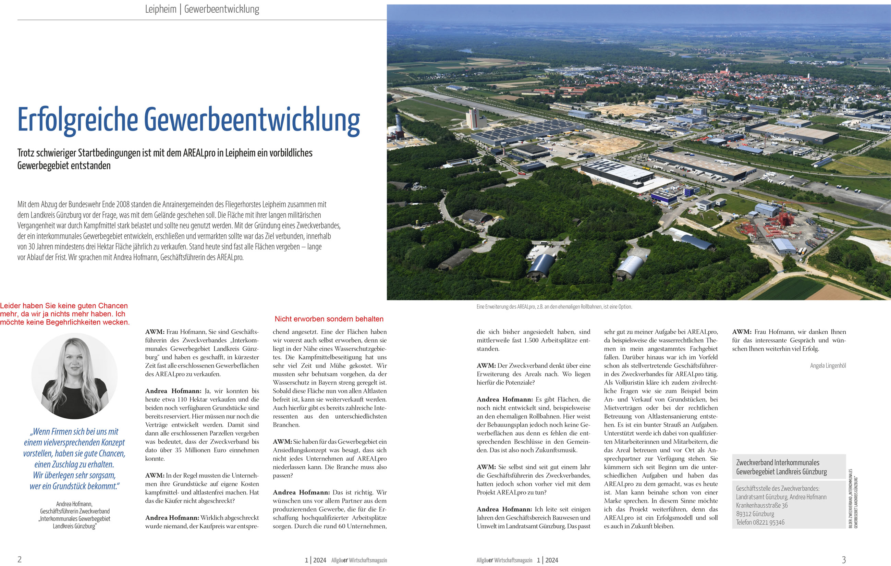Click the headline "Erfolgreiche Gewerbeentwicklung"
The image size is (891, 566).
pos(189,120)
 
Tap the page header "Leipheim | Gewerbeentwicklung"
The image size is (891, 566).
pos(202,9)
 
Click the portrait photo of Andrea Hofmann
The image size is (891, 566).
pos(74,376)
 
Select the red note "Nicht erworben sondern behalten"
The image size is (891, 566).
pos(329,319)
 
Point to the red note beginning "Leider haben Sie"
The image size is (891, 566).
pos(65,314)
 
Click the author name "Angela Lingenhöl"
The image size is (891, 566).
pos(828,366)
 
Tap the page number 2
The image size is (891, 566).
pos(20,559)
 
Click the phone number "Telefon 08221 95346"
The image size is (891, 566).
pos(760,522)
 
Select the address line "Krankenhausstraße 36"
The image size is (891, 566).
pos(761,505)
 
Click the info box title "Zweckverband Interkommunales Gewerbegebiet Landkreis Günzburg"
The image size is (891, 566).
pos(781,467)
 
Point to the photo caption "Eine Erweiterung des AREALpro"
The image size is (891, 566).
pos(554,307)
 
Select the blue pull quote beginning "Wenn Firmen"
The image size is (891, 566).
pos(74,459)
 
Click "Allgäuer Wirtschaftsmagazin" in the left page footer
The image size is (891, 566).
pos(359,560)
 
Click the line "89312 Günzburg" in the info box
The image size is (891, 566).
pos(755,514)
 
